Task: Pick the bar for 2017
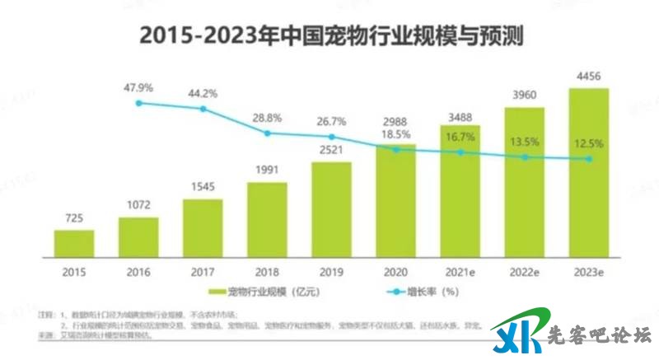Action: [x=203, y=227]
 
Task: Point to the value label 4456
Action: [x=588, y=77]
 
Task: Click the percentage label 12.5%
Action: [x=588, y=143]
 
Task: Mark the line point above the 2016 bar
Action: [x=139, y=103]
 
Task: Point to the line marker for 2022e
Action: [x=525, y=157]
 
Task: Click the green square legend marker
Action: [x=218, y=291]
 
